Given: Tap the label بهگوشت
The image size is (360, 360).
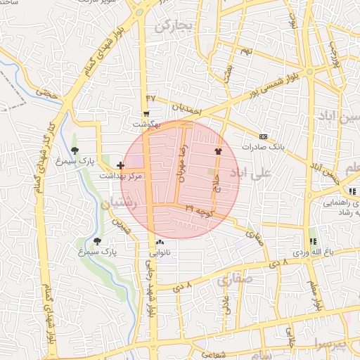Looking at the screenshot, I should (148, 124).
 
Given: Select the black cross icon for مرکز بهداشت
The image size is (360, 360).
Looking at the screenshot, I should (120, 166).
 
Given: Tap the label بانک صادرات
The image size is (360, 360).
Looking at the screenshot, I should (262, 147).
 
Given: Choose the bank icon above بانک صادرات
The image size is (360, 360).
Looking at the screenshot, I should (263, 136).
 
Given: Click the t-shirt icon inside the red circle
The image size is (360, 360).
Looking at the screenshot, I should (217, 150).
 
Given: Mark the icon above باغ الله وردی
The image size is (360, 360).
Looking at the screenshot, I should (312, 241).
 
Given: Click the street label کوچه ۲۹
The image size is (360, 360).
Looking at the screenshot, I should (199, 209).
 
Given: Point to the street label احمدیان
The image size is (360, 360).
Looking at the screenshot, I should (186, 111).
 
